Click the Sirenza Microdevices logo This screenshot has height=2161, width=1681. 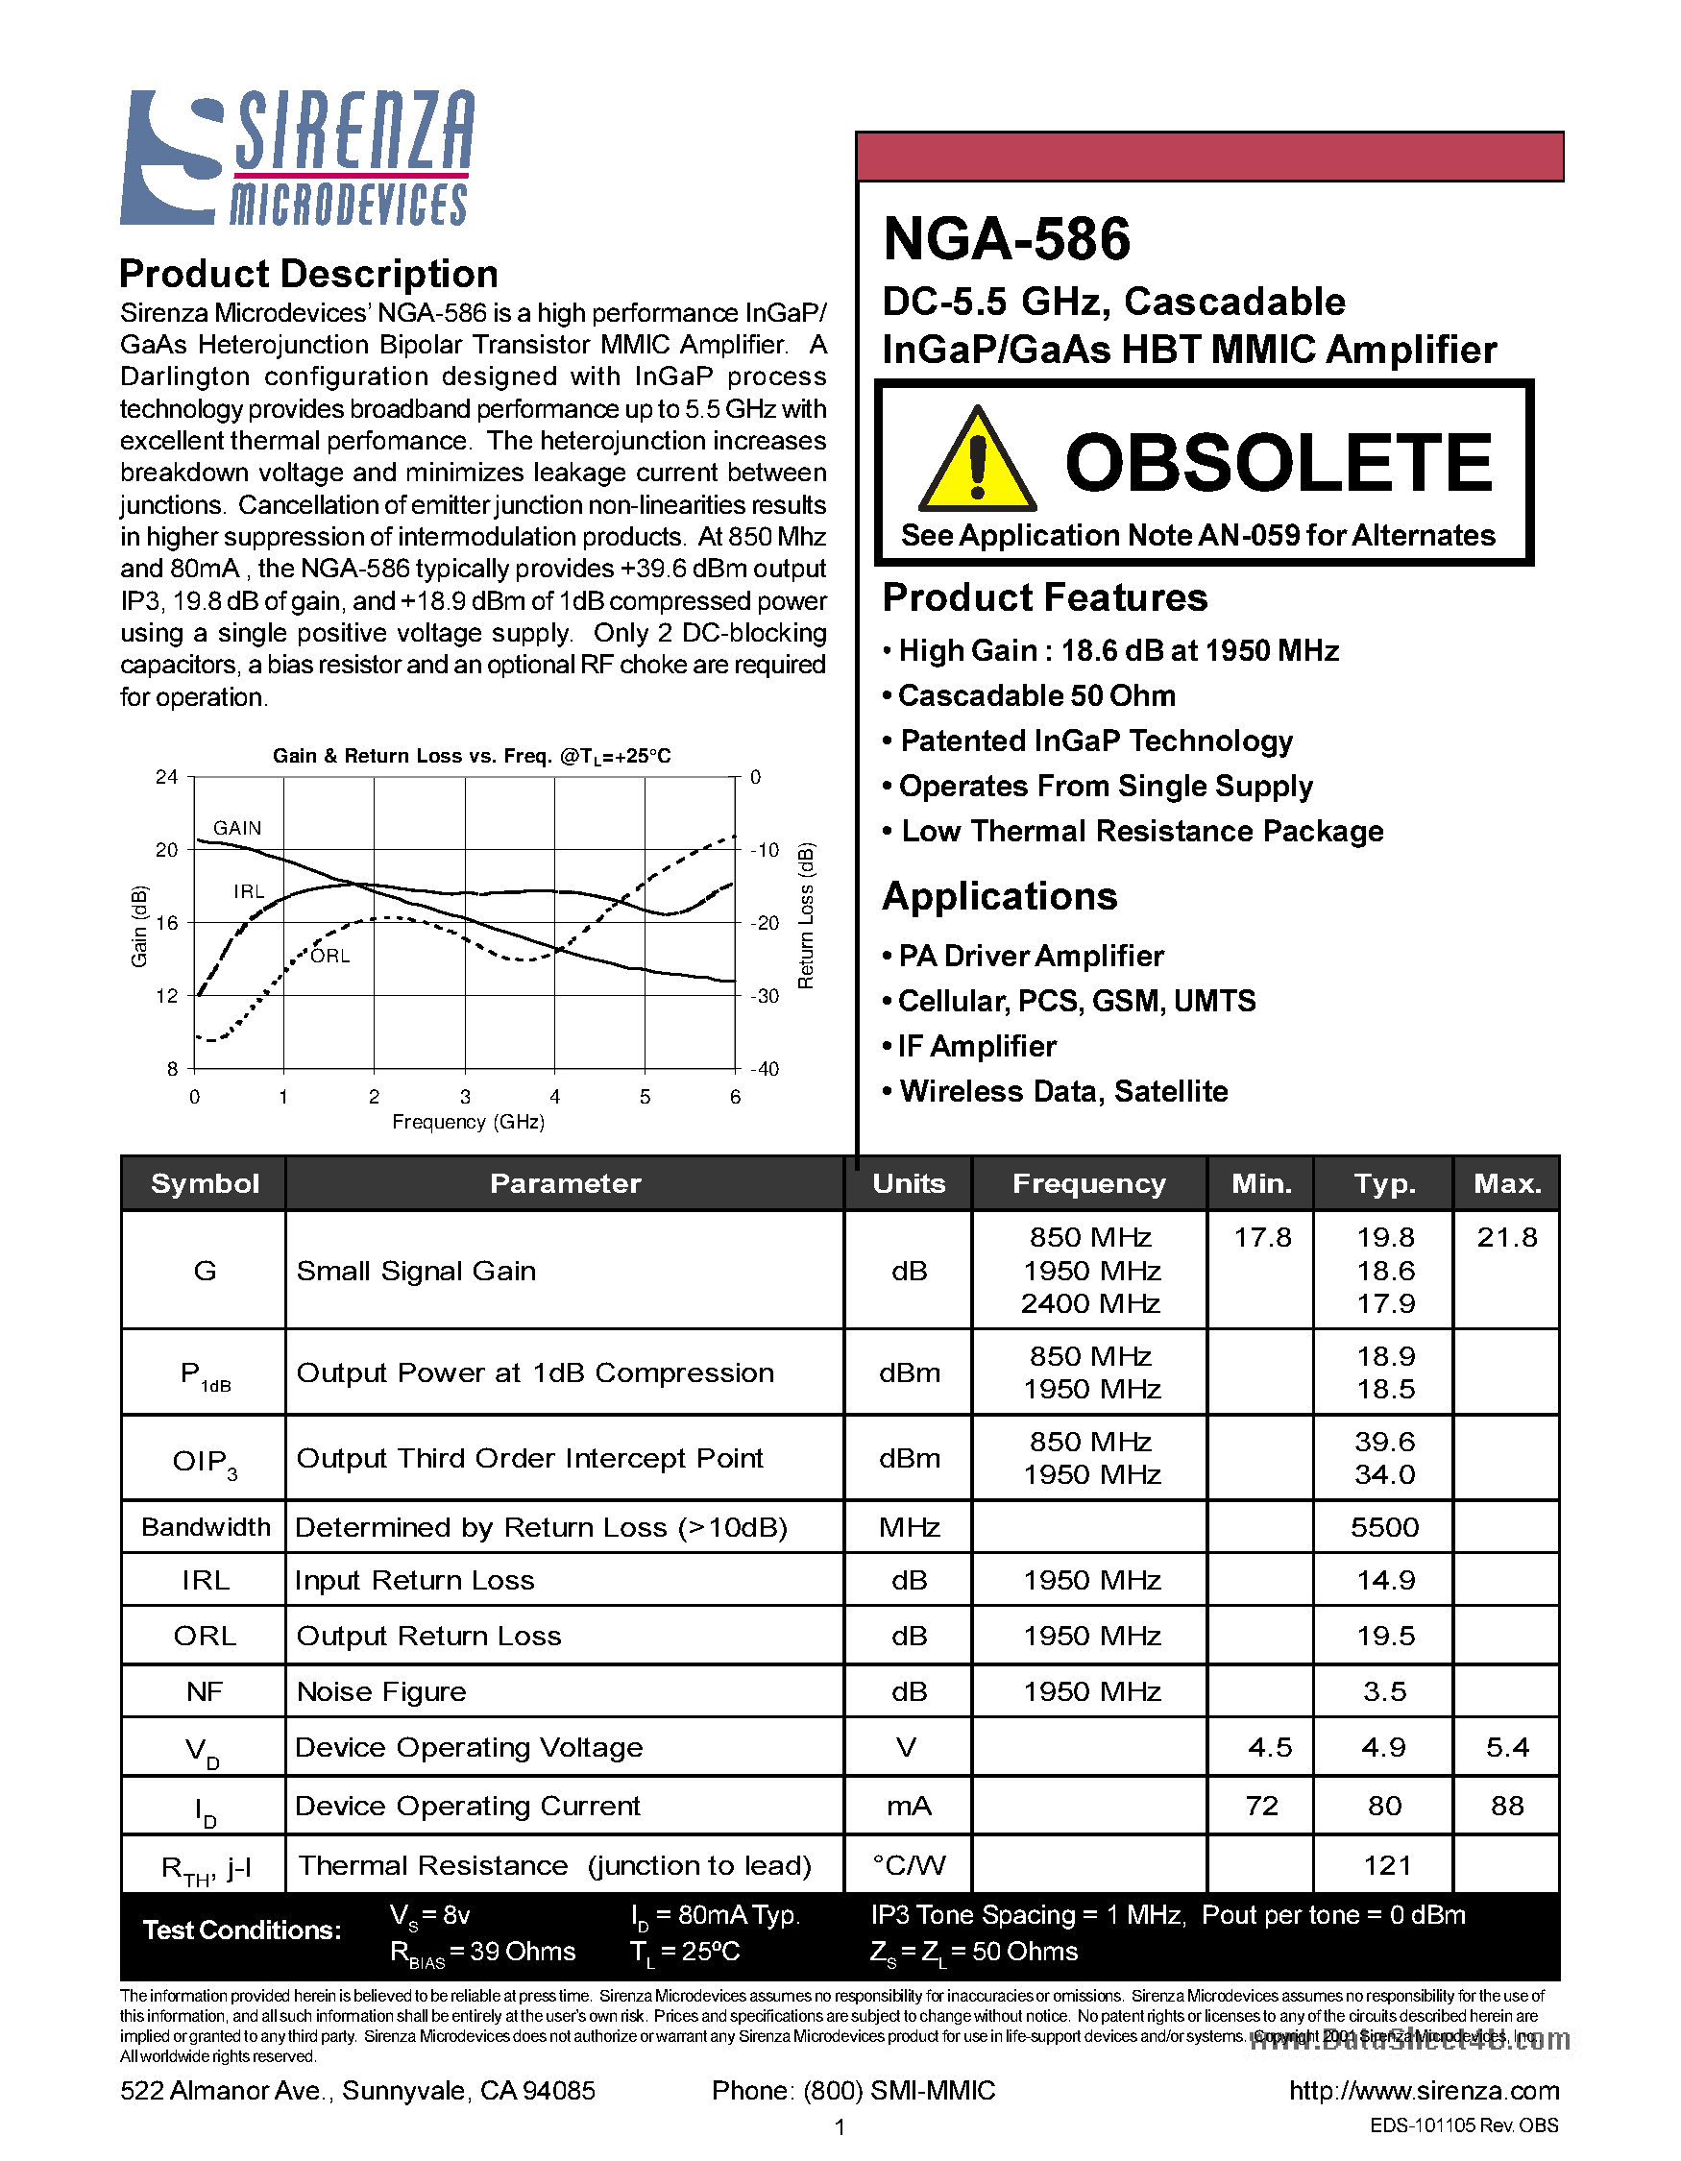point(297,158)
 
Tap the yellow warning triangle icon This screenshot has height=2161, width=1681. point(977,462)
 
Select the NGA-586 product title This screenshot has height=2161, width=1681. point(1007,239)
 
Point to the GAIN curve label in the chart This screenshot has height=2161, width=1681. point(237,828)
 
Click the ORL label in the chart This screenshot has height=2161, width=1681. point(329,956)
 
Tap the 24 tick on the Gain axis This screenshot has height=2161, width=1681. point(166,778)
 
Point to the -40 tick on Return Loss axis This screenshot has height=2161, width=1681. point(765,1069)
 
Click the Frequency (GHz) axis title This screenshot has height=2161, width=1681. point(468,1122)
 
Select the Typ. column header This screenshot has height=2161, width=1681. point(1384,1183)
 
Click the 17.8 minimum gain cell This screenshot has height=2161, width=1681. point(1261,1238)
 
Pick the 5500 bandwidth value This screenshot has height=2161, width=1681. point(1384,1527)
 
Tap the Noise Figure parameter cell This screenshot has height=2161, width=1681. point(381,1691)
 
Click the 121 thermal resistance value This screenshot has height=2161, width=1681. point(1386,1865)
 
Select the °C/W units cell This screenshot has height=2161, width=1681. point(909,1865)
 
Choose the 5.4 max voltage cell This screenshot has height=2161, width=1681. point(1507,1747)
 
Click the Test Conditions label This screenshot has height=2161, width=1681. point(241,1930)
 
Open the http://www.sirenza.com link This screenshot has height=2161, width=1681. point(1424,2091)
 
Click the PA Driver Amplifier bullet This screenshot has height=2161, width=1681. point(1030,956)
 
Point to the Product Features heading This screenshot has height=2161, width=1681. point(1045,597)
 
